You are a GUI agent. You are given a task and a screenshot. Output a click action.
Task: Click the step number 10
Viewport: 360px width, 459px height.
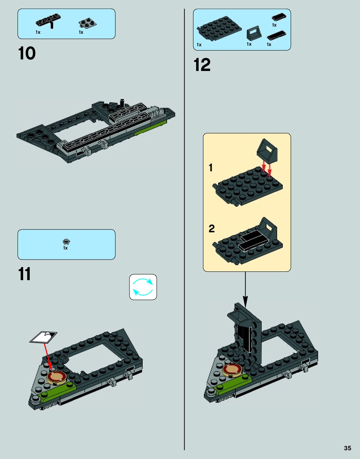[x=27, y=53]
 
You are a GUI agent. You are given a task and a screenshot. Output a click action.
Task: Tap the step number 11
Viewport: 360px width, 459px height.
[x=25, y=274]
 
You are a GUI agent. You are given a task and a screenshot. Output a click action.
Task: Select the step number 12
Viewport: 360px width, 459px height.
[x=202, y=65]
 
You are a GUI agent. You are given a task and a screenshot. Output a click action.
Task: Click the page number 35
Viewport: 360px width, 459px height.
[x=347, y=448]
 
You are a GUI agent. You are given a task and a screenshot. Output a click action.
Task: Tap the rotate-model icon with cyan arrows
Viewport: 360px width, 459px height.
[x=143, y=287]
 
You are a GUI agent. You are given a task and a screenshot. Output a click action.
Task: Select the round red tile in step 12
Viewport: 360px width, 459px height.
[x=232, y=370]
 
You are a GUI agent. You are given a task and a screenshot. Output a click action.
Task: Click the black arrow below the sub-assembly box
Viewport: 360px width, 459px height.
[x=245, y=289]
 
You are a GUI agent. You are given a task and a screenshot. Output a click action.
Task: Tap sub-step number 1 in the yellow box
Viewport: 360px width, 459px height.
[x=211, y=168]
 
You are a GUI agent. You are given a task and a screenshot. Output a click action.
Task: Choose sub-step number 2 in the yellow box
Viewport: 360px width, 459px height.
[x=211, y=229]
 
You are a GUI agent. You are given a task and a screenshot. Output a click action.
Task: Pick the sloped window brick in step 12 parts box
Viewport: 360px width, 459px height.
[x=253, y=33]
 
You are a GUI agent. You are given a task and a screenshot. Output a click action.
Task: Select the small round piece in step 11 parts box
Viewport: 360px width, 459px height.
[x=66, y=241]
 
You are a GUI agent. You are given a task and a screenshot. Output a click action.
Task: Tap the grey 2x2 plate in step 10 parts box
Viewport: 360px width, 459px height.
[x=87, y=23]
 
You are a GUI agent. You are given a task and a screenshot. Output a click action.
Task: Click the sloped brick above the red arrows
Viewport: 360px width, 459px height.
[x=267, y=151]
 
